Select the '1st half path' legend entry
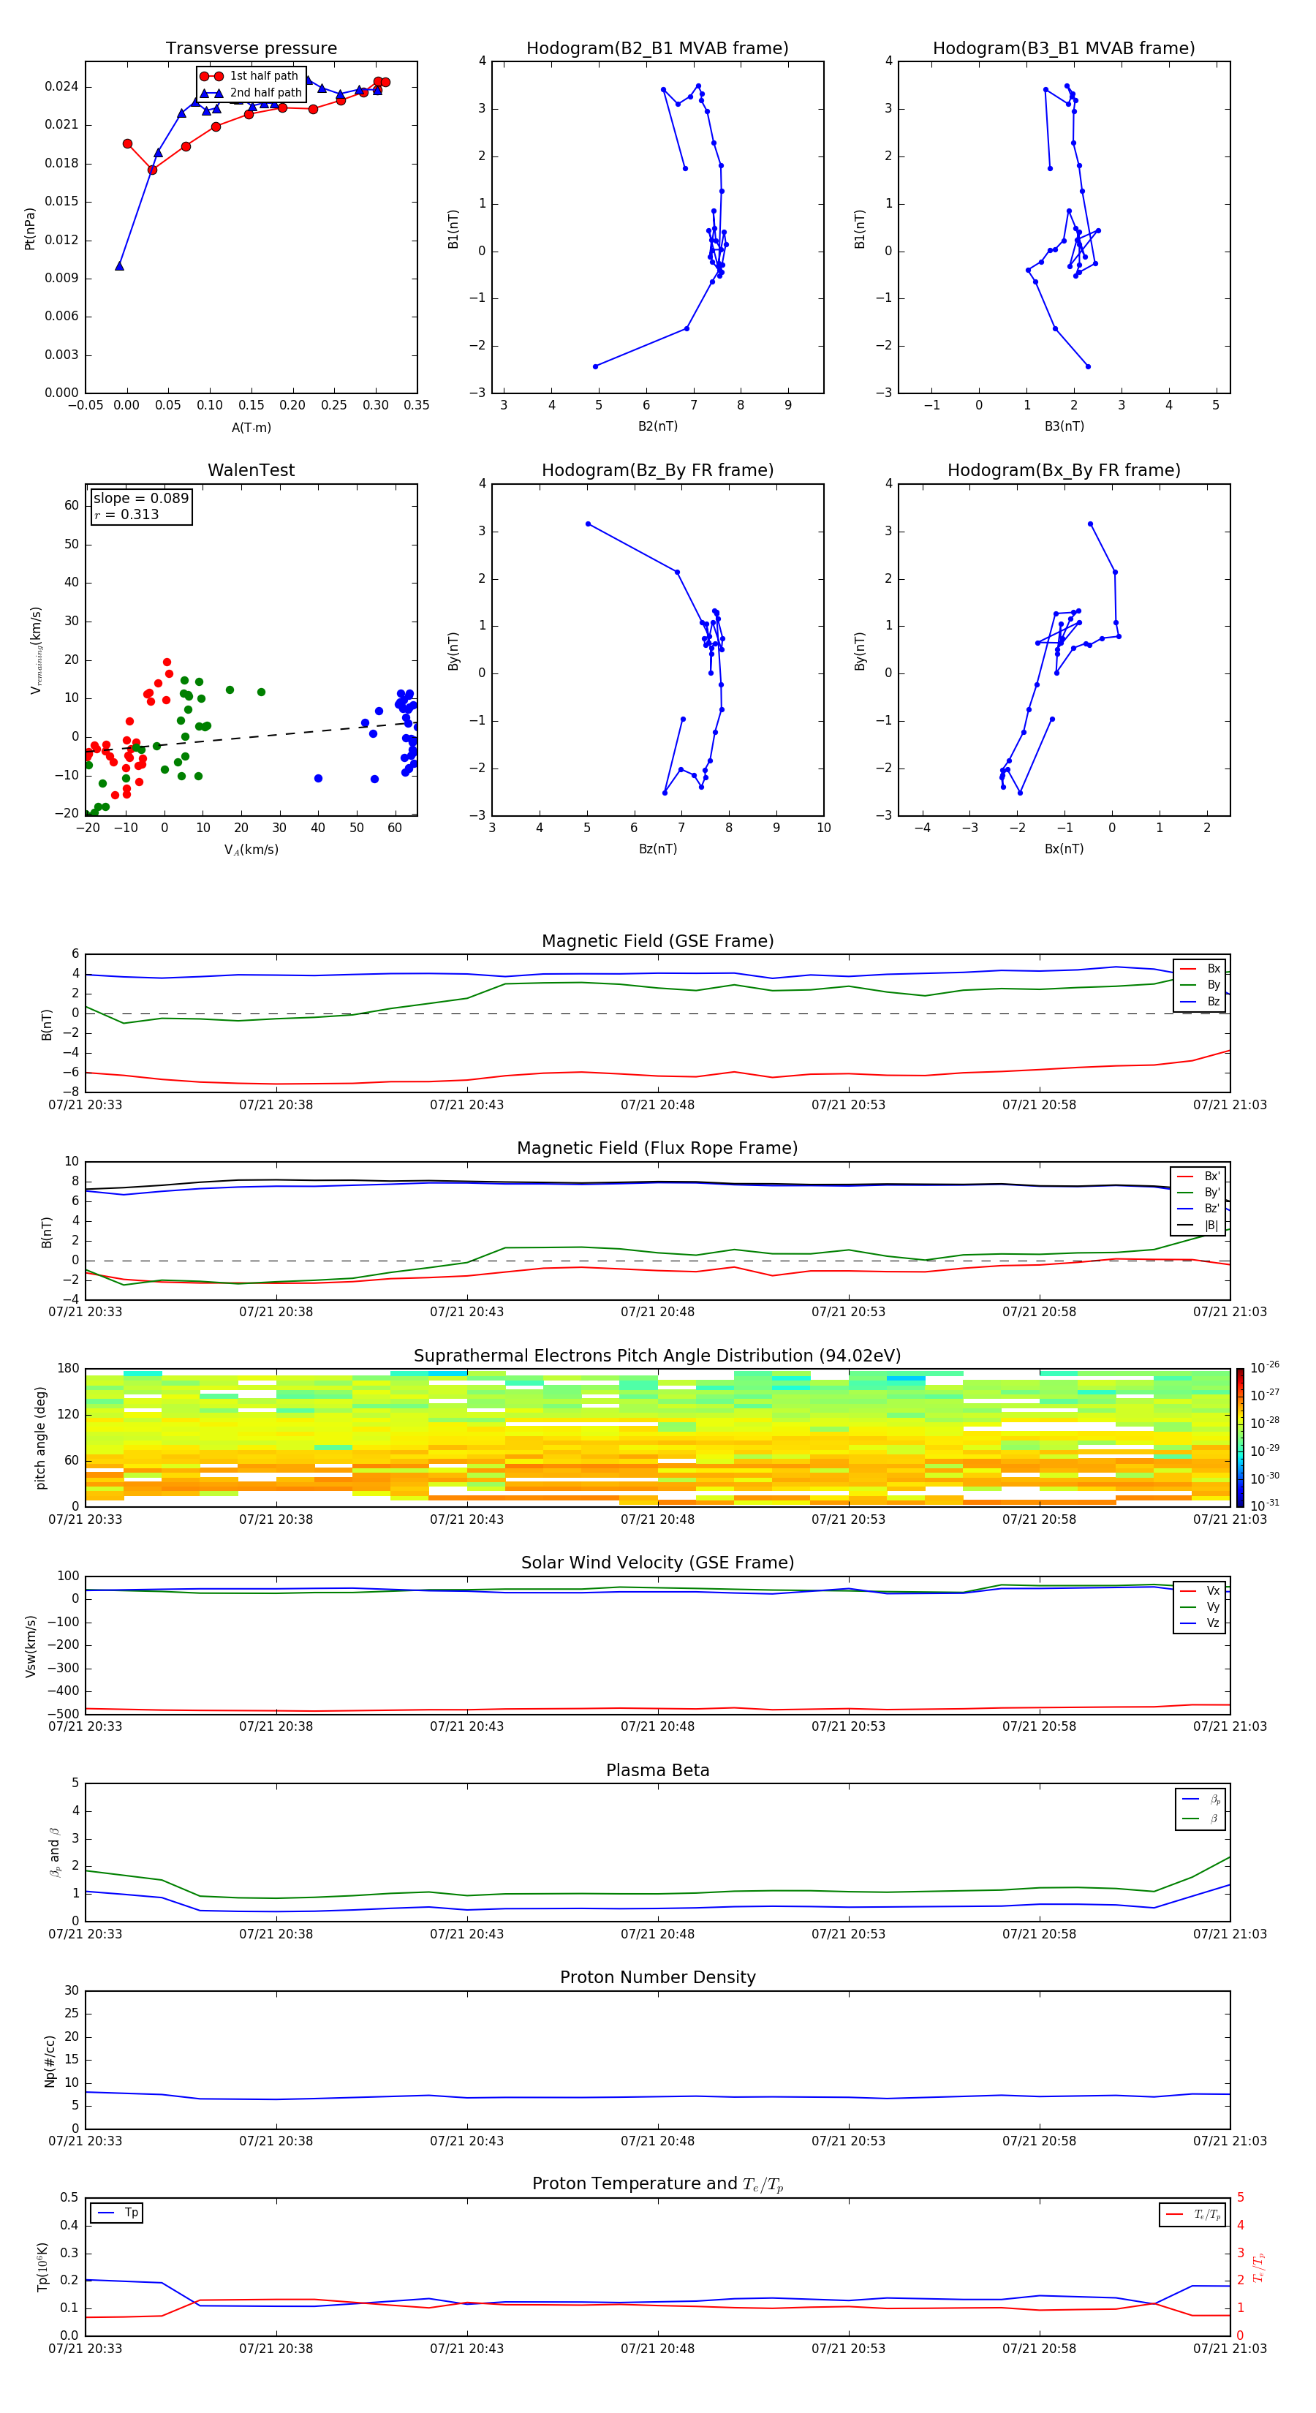(263, 76)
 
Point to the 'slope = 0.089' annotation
(140, 499)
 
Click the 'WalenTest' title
(251, 470)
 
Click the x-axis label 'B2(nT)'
(657, 426)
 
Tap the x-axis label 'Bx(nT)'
(1063, 849)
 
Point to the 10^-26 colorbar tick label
(1265, 1367)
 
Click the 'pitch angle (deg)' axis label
(40, 1437)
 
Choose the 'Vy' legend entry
(1212, 1606)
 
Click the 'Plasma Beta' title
(657, 1770)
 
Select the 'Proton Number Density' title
(657, 1977)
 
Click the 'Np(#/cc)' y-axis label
(50, 2061)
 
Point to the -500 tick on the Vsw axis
(66, 1714)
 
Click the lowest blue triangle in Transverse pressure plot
(119, 266)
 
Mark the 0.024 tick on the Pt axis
(62, 87)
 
